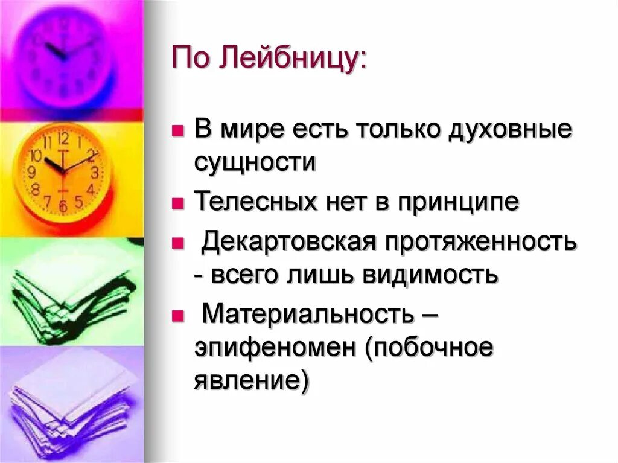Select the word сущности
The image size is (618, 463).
pos(255,163)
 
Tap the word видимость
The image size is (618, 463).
pos(430,275)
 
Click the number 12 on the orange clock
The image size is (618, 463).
pos(63,139)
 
